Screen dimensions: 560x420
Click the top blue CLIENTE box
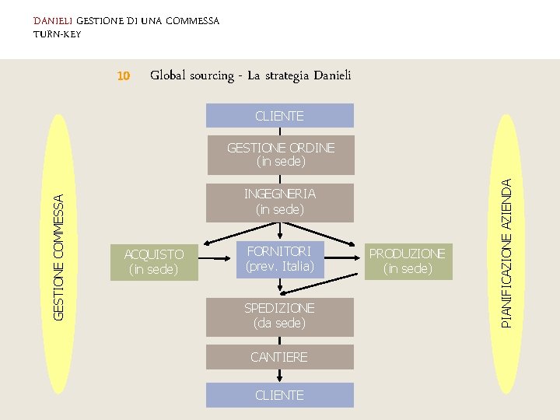(279, 116)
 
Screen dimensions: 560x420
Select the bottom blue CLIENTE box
(279, 395)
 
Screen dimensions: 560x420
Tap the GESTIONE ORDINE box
(279, 155)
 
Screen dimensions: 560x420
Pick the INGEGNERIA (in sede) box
(279, 201)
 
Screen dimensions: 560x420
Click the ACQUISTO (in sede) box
(154, 262)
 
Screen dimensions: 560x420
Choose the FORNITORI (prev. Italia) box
(279, 258)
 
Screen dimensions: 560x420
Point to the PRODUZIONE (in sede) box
(407, 261)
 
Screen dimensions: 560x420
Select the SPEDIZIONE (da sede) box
(279, 316)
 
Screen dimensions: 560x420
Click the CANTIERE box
(279, 357)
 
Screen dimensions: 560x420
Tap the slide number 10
(122, 76)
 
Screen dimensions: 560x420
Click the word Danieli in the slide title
(332, 75)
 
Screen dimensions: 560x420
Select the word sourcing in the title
(211, 75)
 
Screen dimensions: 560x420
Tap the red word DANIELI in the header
(53, 20)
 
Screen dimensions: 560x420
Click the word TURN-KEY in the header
(57, 34)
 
